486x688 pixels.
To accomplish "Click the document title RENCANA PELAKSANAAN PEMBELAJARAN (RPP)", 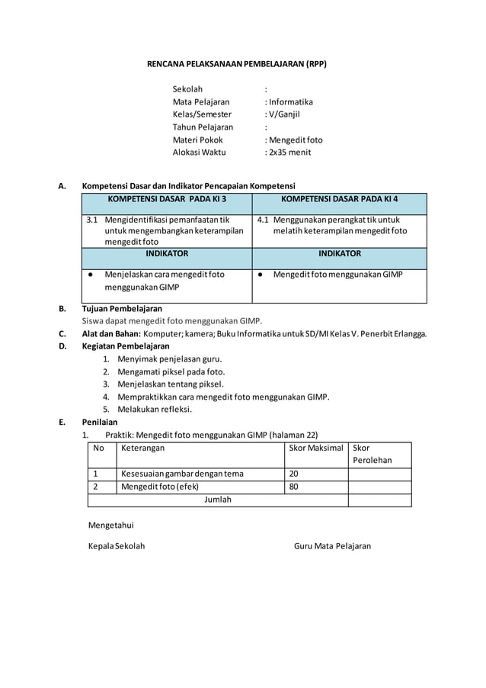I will coord(236,64).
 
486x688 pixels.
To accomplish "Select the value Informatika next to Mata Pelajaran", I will coord(289,101).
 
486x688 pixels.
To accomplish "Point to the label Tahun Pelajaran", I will coord(203,127).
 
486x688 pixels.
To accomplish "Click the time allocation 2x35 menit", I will coord(288,153).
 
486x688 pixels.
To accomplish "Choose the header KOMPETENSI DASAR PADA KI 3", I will coord(167,199).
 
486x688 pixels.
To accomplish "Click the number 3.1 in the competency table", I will coord(91,220).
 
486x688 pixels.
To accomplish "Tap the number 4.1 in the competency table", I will coord(261,220).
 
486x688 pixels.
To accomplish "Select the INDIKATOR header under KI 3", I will coord(167,254).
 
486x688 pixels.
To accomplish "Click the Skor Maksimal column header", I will coord(316,448).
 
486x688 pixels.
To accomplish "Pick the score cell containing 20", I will coord(294,474).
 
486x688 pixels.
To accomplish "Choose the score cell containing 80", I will coord(294,487).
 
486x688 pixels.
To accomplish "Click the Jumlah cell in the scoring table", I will coord(217,500).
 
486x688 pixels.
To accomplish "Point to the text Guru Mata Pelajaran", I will coord(332,546).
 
